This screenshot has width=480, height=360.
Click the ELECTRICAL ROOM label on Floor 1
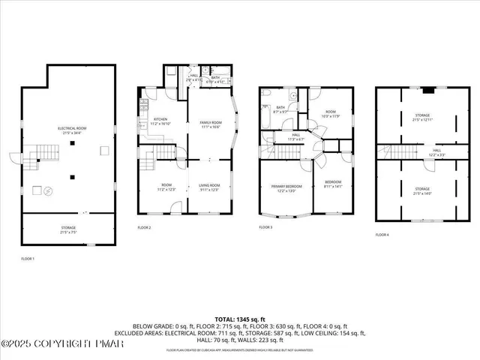73,130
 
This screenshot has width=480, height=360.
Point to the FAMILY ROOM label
210,124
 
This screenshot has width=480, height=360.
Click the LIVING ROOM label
208,187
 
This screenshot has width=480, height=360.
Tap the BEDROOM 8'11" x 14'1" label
332,184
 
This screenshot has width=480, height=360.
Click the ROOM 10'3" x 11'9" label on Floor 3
331,115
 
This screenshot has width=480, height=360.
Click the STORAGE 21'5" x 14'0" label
422,190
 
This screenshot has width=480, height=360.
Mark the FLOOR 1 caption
27,258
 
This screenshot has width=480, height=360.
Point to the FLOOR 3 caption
265,226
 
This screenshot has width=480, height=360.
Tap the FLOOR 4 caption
382,235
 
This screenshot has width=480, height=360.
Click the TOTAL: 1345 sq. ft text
240,319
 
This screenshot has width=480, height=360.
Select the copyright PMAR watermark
62,344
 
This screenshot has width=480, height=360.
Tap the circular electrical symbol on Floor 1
47,189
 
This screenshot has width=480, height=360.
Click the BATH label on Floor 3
280,108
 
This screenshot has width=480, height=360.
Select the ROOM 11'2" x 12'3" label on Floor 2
166,187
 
